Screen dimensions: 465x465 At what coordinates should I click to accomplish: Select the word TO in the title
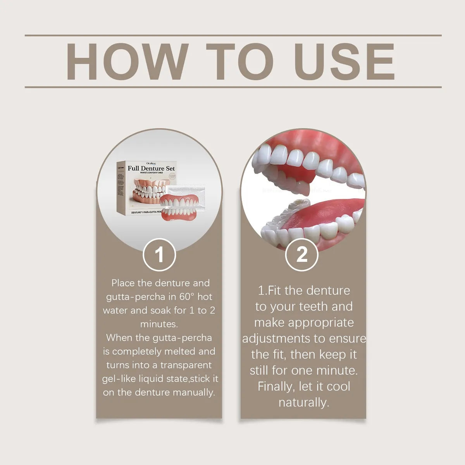239,62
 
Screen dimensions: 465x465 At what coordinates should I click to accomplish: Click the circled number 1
159,255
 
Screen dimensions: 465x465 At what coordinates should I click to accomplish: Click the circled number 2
302,255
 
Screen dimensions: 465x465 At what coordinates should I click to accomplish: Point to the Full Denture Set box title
151,168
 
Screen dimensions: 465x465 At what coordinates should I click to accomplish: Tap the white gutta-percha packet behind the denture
182,192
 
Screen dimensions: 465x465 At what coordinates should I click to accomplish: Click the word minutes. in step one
159,324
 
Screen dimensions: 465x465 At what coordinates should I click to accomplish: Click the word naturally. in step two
303,402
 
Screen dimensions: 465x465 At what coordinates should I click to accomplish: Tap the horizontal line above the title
233,35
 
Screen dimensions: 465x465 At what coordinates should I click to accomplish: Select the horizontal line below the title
233,87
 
